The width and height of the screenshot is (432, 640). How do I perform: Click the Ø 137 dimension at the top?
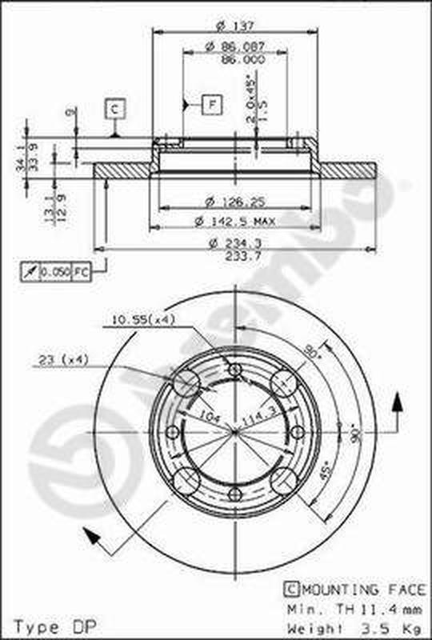tap(234, 24)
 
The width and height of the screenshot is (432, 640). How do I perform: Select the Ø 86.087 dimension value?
tap(234, 48)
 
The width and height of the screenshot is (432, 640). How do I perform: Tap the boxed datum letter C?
tap(115, 108)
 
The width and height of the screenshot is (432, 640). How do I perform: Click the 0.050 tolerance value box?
tap(55, 272)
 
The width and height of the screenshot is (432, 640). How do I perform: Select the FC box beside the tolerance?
tap(81, 272)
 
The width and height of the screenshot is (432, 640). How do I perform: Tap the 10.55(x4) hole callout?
tap(143, 320)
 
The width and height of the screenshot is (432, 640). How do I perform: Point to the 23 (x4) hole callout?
tap(61, 361)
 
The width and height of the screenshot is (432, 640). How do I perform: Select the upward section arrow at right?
tap(394, 410)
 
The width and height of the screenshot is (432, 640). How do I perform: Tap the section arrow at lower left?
tap(92, 538)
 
